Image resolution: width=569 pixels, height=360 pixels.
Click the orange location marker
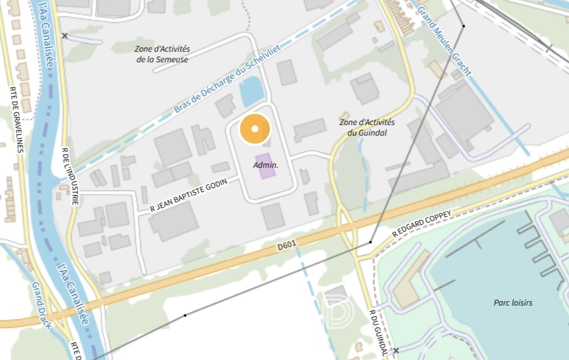tap(255, 129)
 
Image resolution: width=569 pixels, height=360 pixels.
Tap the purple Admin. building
tap(265, 166)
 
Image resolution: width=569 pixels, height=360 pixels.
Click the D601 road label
tap(287, 245)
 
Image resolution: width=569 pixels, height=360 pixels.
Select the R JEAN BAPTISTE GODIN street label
tap(188, 195)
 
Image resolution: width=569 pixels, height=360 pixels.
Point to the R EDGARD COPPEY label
tap(421, 223)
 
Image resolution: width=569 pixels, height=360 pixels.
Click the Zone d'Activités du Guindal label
tap(367, 127)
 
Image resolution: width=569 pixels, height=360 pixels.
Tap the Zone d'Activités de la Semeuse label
tap(162, 54)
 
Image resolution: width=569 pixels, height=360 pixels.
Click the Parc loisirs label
tap(513, 303)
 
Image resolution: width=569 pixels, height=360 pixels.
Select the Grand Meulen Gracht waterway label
tap(444, 41)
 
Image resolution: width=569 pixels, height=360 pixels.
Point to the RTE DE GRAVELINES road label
tap(16, 119)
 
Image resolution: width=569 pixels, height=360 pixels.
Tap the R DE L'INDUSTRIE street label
tap(70, 176)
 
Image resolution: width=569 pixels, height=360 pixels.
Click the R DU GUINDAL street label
tap(378, 333)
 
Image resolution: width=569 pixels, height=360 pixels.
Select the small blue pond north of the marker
tap(252, 91)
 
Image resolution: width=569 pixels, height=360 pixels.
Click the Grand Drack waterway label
tap(42, 305)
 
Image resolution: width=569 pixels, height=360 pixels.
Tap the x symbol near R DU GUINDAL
tap(396, 350)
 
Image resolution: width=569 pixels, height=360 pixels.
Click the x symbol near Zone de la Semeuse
tap(65, 36)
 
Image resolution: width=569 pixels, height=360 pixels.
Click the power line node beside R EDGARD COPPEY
tap(371, 242)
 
